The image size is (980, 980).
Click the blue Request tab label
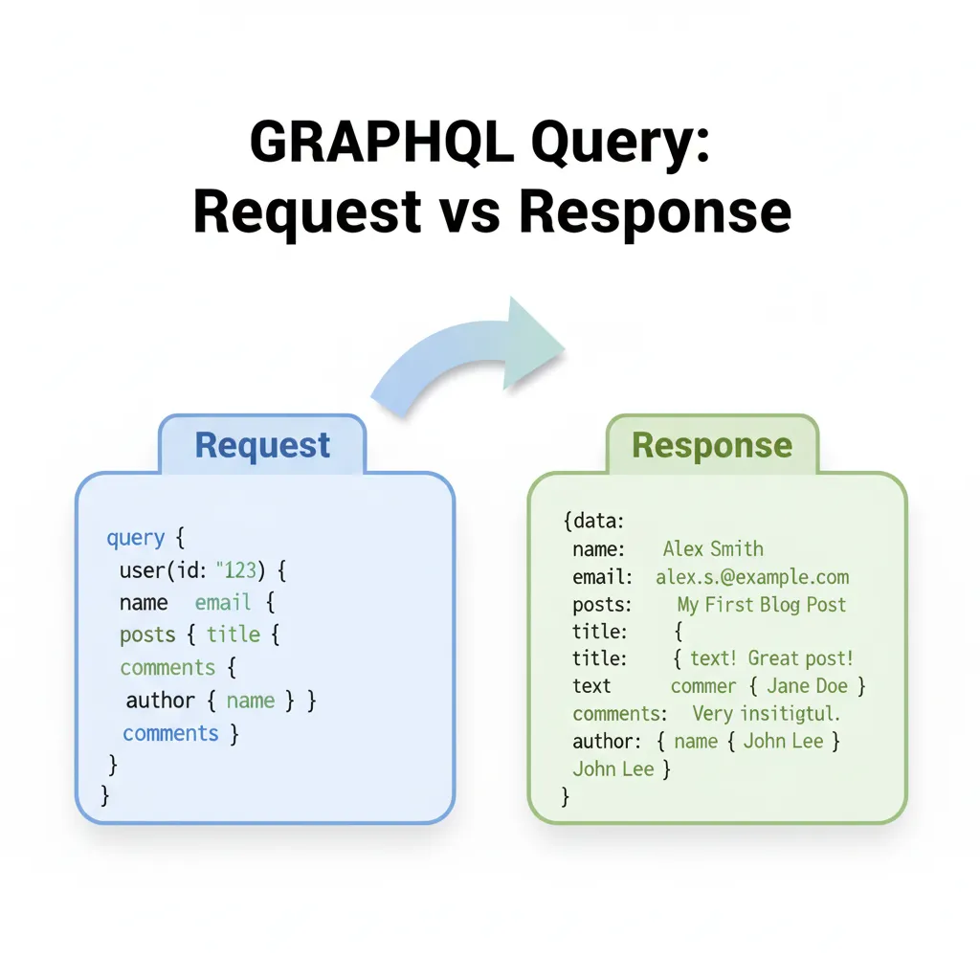click(x=262, y=445)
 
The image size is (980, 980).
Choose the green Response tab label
click(x=712, y=445)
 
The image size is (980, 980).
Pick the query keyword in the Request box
click(x=135, y=538)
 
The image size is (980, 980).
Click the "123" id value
click(x=237, y=570)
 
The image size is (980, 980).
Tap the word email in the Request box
click(x=223, y=603)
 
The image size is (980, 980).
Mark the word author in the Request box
click(x=160, y=701)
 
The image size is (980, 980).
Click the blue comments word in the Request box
click(x=170, y=733)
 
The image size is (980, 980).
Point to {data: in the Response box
click(x=593, y=522)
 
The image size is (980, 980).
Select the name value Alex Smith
click(x=713, y=548)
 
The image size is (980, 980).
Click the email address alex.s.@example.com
click(x=752, y=576)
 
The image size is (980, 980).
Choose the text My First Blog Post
click(x=762, y=604)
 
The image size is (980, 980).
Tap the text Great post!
click(x=800, y=658)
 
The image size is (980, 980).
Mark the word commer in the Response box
click(x=703, y=686)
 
